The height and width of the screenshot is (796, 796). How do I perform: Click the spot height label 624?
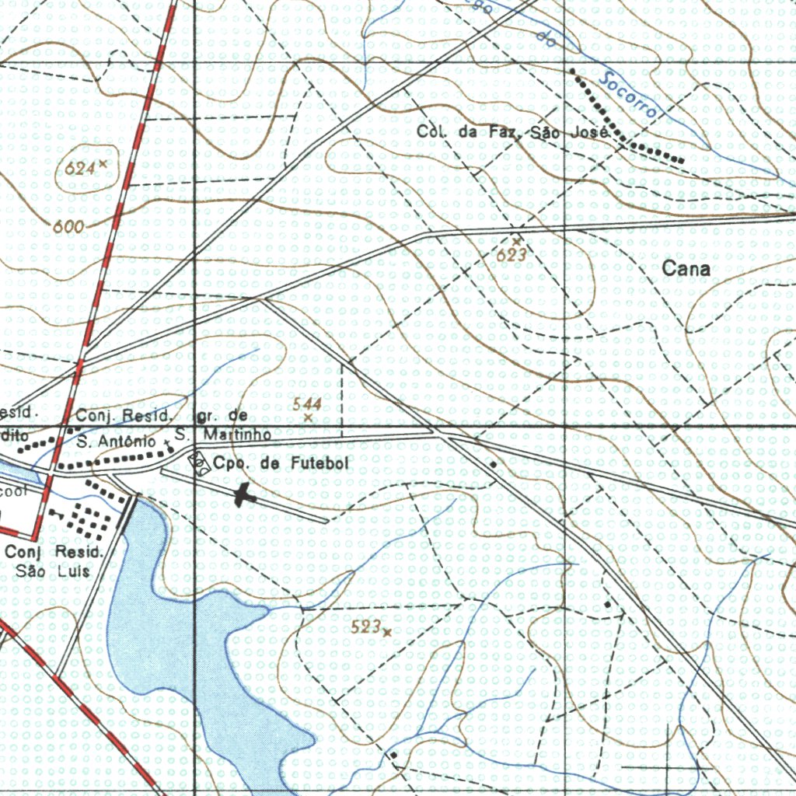pos(80,167)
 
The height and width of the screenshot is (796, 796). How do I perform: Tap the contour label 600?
pos(69,226)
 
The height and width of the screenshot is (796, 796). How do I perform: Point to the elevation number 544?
pos(307,403)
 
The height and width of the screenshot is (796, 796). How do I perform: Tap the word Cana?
pos(686,269)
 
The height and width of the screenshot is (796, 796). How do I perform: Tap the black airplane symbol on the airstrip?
pos(245,494)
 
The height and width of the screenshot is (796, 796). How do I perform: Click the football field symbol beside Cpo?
pos(199,463)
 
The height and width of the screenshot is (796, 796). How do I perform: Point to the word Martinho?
pos(236,434)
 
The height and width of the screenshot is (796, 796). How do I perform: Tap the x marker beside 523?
pos(387,632)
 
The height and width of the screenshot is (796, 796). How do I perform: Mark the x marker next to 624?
pos(103,164)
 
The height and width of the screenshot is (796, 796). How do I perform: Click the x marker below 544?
pos(308,418)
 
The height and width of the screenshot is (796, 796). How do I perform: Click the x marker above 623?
pos(515,242)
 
